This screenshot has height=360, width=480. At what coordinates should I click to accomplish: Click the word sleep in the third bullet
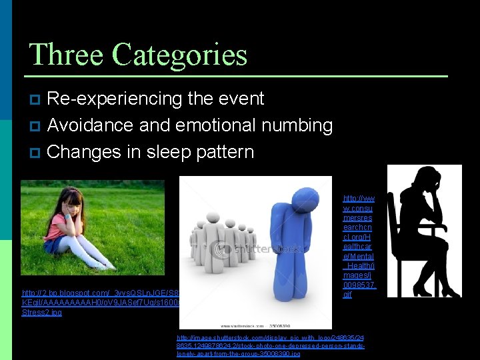click(x=152, y=152)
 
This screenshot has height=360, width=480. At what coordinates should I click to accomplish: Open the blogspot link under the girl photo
click(x=100, y=302)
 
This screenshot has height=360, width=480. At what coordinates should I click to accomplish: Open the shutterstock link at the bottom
click(x=270, y=346)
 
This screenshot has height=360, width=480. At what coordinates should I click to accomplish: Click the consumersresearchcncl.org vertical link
click(x=359, y=247)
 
